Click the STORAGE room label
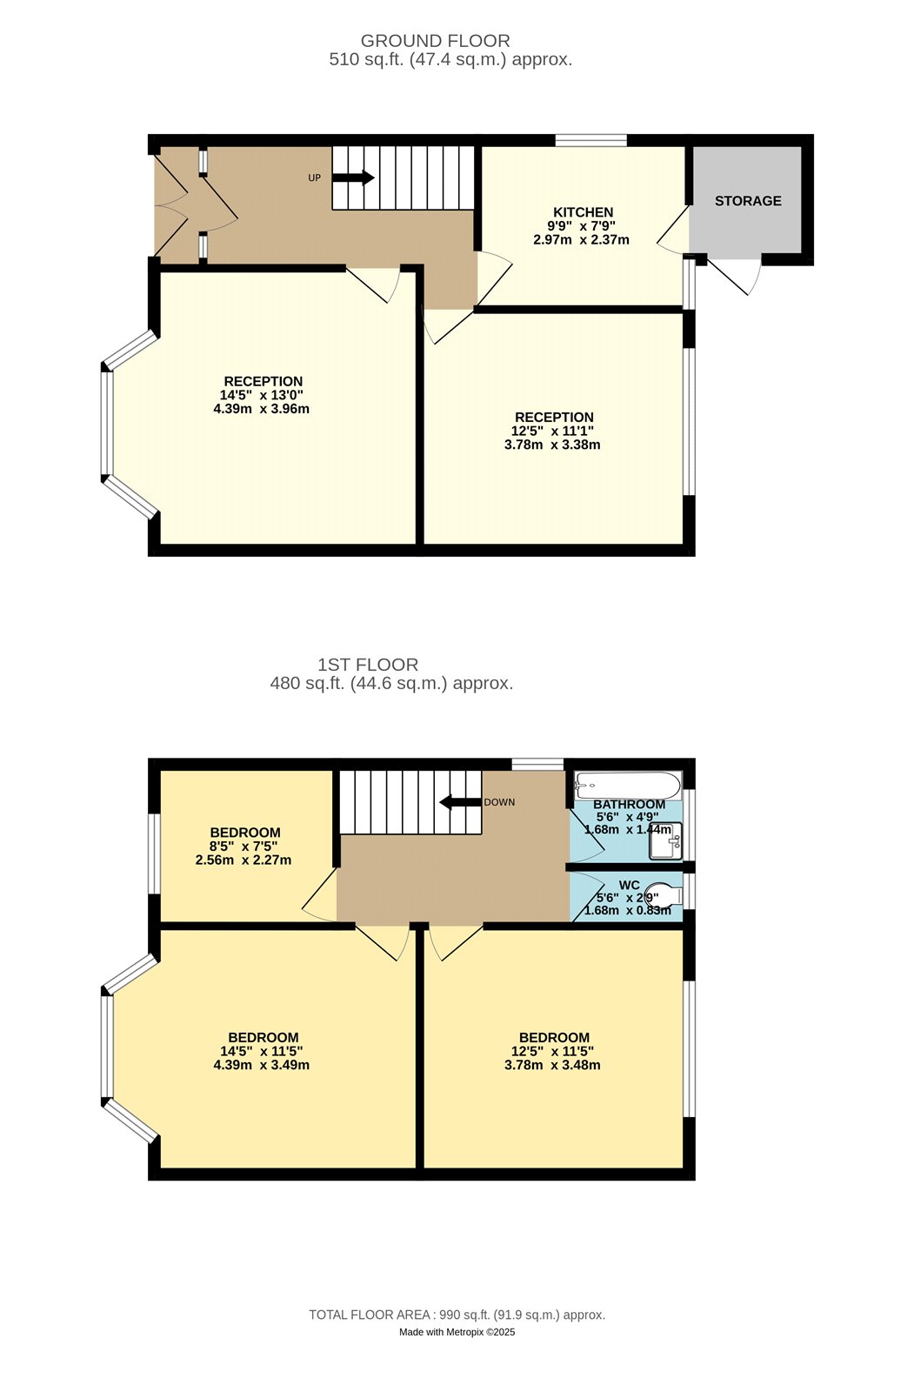[x=748, y=201]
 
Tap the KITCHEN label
[x=583, y=212]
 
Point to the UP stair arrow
[x=353, y=177]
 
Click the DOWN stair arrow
[x=460, y=802]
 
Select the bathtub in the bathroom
[x=628, y=786]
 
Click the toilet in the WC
[x=664, y=896]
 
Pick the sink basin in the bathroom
[x=665, y=840]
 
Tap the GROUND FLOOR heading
[x=435, y=41]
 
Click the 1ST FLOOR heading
[x=368, y=665]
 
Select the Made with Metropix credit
[x=457, y=1332]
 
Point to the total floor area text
[x=457, y=1315]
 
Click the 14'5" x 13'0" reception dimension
[x=261, y=395]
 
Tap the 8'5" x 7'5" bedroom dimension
[x=243, y=847]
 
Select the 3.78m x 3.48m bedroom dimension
[x=552, y=1065]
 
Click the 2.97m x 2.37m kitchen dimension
[x=581, y=240]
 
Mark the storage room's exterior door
[x=734, y=276]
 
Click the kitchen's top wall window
[x=590, y=140]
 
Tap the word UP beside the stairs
[x=315, y=177]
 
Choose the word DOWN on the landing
[x=499, y=802]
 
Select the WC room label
[x=629, y=885]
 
